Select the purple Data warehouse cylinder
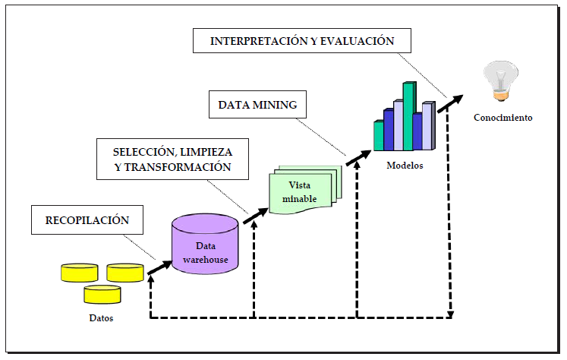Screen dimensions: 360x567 tap(205, 245)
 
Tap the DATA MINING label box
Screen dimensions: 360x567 tap(257, 105)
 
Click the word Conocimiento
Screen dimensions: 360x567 tap(503, 118)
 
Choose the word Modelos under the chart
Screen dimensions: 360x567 tap(404, 165)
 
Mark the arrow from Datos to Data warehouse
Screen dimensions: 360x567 tap(159, 265)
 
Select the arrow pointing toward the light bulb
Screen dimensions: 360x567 tap(451, 102)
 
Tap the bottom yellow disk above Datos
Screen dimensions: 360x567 tap(102, 294)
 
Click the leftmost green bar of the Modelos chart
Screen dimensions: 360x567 tap(379, 134)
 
